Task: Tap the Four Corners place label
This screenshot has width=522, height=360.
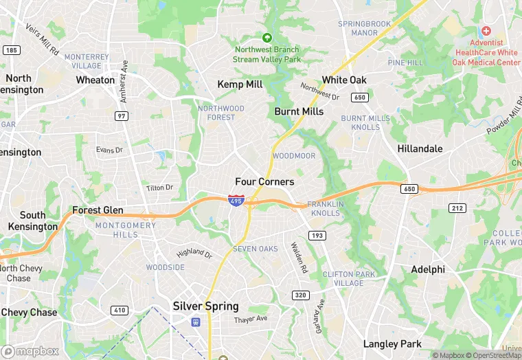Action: click(264, 182)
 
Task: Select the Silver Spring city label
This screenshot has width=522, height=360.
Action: click(205, 306)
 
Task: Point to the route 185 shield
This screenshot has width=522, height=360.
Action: click(11, 50)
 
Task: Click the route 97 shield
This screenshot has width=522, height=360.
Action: click(122, 116)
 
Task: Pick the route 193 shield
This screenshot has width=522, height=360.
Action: click(317, 236)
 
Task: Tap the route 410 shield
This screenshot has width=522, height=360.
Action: click(120, 311)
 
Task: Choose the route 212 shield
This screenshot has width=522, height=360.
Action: click(457, 208)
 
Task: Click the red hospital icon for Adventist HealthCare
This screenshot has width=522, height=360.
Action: click(486, 31)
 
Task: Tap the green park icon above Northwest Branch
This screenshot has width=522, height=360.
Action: click(267, 37)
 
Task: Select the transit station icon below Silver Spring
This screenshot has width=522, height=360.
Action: click(196, 321)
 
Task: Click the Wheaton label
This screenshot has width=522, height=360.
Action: click(95, 80)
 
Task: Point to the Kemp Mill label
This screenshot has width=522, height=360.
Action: click(240, 84)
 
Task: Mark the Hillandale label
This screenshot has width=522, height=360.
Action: click(420, 148)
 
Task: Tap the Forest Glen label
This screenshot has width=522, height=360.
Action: click(98, 210)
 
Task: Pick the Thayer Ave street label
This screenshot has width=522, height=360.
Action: click(250, 319)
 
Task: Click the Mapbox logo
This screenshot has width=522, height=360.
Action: click(31, 351)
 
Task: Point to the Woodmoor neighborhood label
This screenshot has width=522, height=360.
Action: click(294, 156)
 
